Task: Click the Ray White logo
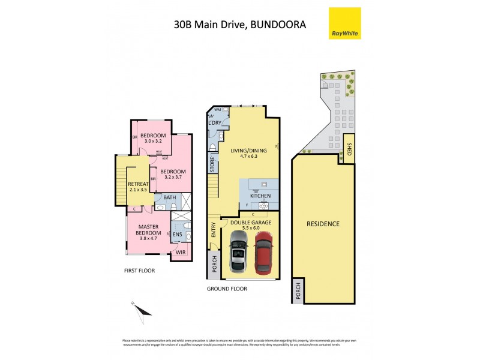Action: [x=345, y=23]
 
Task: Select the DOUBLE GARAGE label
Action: [x=251, y=223]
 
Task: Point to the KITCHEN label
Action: [x=260, y=196]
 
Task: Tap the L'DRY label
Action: [x=215, y=123]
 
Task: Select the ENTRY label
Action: [x=213, y=230]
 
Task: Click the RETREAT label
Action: [x=138, y=183]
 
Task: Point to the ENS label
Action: [x=178, y=234]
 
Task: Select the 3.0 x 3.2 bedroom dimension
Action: [x=152, y=142]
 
